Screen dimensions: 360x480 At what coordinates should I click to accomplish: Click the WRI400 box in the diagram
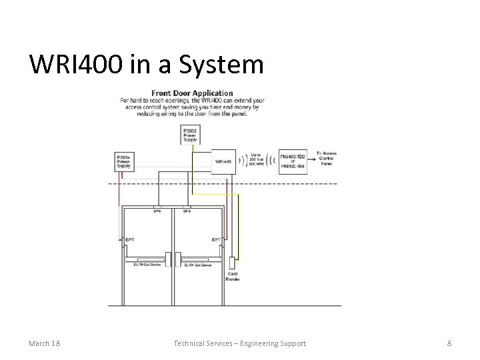click(x=223, y=161)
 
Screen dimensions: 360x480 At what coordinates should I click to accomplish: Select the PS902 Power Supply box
click(x=190, y=134)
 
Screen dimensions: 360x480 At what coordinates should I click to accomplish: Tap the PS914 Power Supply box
click(x=123, y=161)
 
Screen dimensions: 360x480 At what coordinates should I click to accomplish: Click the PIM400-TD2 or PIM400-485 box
click(x=293, y=161)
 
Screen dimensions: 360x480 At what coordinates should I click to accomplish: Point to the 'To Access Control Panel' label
click(x=326, y=158)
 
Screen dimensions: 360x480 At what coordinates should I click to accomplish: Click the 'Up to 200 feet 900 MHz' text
click(x=255, y=161)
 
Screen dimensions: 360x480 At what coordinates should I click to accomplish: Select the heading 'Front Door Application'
click(x=192, y=93)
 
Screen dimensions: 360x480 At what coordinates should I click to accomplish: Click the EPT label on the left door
click(x=129, y=239)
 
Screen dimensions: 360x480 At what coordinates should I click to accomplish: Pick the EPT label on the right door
click(x=216, y=239)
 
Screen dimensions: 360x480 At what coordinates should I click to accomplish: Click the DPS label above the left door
click(x=157, y=211)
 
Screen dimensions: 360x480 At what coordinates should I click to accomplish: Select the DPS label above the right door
click(x=187, y=211)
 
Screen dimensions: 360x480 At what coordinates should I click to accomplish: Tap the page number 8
click(x=449, y=343)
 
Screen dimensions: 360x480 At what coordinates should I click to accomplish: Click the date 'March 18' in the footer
click(x=45, y=343)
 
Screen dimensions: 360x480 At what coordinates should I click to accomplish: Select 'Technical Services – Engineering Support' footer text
click(x=240, y=343)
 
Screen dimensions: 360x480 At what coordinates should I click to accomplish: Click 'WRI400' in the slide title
click(x=77, y=65)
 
